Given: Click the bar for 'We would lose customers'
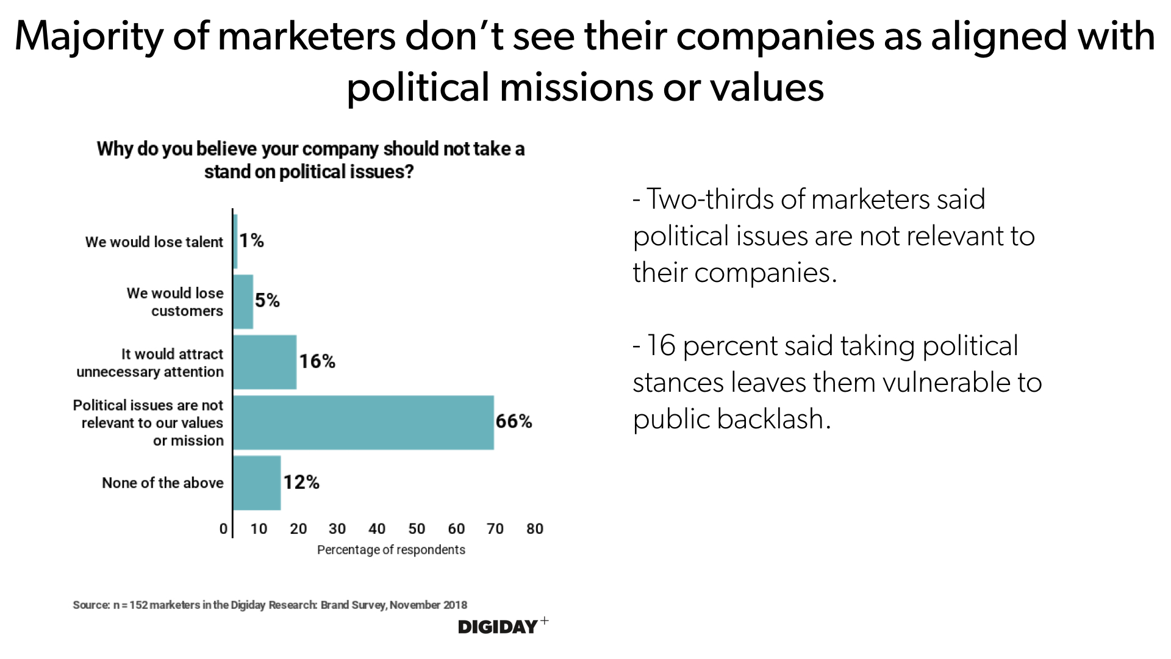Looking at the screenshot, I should [x=243, y=301].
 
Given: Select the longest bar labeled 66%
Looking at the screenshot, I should [x=363, y=422].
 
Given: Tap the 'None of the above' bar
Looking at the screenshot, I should [x=257, y=483].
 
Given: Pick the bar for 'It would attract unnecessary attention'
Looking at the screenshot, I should [x=265, y=362].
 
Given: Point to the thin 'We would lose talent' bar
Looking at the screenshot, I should [x=235, y=242].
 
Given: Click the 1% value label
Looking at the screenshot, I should [x=251, y=241].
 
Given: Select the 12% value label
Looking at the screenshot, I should [x=301, y=483].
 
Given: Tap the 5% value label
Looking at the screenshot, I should [x=267, y=301].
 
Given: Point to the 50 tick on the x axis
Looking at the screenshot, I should [x=417, y=529].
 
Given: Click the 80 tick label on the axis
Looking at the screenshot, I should [x=535, y=529].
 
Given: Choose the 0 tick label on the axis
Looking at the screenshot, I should [x=223, y=529].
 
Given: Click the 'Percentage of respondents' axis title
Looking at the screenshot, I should [x=391, y=550].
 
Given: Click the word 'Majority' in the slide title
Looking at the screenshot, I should [x=89, y=37].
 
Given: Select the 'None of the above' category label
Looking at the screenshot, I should [x=163, y=483].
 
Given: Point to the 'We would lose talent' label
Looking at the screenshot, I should [x=154, y=242].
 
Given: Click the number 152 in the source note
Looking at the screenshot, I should [x=139, y=605].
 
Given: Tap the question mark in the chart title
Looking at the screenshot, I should [x=409, y=172].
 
